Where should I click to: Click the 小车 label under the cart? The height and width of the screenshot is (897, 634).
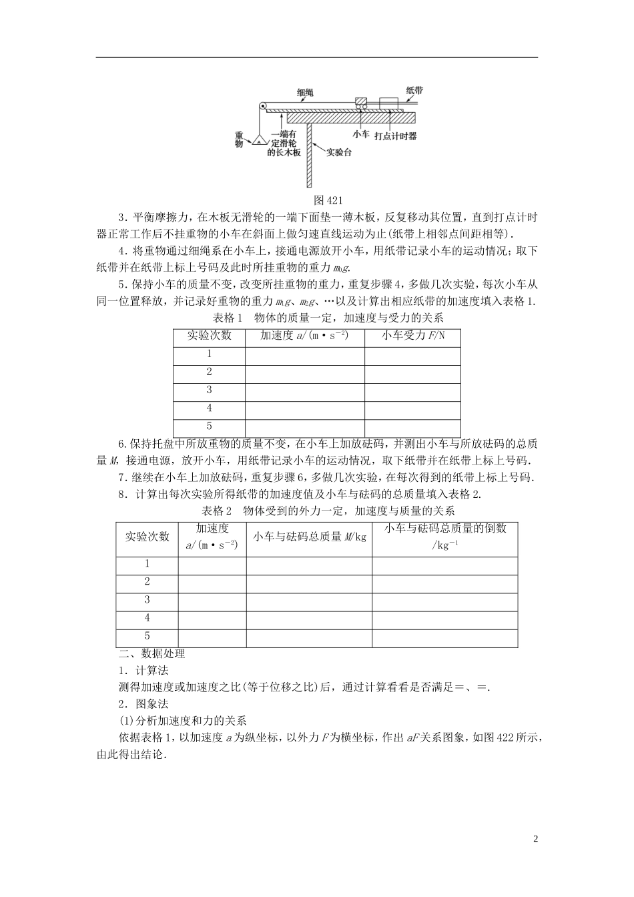click(x=361, y=134)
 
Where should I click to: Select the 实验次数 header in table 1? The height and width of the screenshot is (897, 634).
click(x=209, y=336)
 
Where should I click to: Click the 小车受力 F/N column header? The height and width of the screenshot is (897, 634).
click(x=412, y=336)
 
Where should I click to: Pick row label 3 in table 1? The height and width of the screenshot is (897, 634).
click(x=209, y=390)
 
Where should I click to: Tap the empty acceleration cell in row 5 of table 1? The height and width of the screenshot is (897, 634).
click(x=304, y=426)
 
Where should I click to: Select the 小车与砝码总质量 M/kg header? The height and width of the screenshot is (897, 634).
click(x=309, y=536)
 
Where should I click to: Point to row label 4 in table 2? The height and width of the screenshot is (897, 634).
click(x=147, y=618)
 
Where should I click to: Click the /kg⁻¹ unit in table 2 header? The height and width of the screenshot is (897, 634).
click(x=444, y=545)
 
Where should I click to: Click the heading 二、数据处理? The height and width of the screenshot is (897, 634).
click(x=151, y=654)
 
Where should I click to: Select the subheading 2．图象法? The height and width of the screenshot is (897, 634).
click(x=142, y=703)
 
